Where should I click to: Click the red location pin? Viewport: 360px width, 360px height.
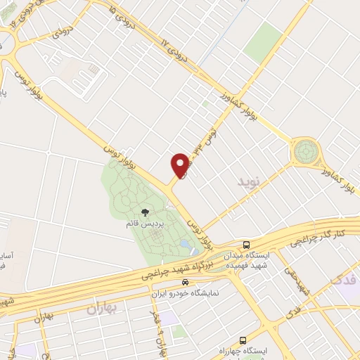[x=180, y=165]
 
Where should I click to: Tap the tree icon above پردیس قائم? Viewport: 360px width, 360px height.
[x=145, y=212]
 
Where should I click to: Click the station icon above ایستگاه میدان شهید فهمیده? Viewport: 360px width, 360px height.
[x=245, y=245]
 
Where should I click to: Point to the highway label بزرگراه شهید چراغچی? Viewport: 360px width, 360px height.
[x=180, y=269]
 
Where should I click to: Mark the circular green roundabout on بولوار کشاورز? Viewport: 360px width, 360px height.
[x=306, y=150]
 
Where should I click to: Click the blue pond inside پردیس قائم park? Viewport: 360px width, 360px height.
[x=184, y=244]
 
